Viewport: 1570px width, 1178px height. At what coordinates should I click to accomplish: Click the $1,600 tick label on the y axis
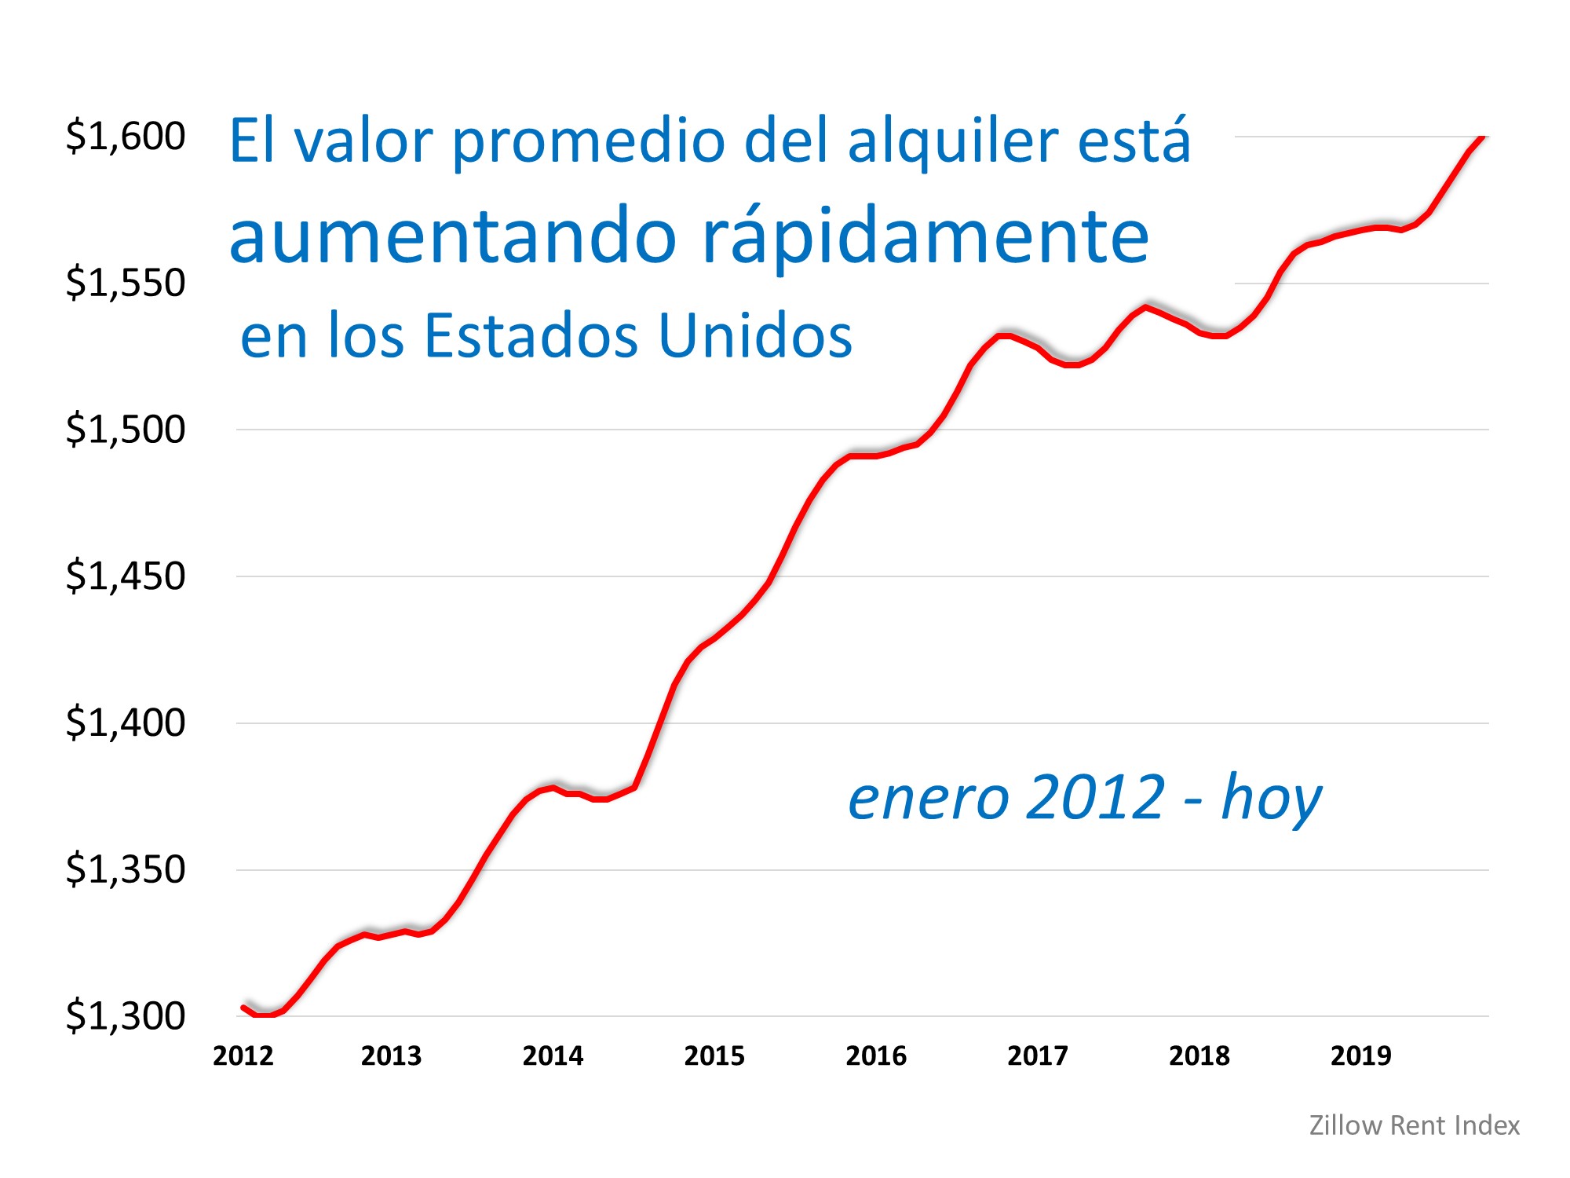pyautogui.click(x=126, y=136)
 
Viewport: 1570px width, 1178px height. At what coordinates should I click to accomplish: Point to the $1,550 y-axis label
pyautogui.click(x=126, y=283)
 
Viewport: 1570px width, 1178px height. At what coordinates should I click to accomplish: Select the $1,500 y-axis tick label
pyautogui.click(x=126, y=430)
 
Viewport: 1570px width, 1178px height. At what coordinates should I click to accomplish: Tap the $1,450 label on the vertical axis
pyautogui.click(x=126, y=576)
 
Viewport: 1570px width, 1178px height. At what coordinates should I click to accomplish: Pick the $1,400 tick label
pyautogui.click(x=126, y=723)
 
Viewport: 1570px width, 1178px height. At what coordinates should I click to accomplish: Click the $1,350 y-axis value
pyautogui.click(x=126, y=869)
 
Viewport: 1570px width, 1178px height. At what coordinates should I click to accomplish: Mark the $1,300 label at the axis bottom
pyautogui.click(x=126, y=1016)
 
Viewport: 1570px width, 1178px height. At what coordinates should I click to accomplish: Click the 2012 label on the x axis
pyautogui.click(x=243, y=1055)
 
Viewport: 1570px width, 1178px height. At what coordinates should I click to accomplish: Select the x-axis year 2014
pyautogui.click(x=553, y=1055)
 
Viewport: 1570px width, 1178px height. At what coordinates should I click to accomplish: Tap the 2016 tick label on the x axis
pyautogui.click(x=876, y=1055)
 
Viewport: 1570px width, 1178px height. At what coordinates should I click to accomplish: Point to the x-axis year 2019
pyautogui.click(x=1360, y=1055)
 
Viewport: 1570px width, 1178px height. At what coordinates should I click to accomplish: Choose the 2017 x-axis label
pyautogui.click(x=1038, y=1055)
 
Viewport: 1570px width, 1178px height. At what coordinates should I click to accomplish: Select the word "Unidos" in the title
pyautogui.click(x=754, y=336)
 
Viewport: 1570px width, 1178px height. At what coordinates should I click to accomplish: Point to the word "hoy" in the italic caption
pyautogui.click(x=1271, y=799)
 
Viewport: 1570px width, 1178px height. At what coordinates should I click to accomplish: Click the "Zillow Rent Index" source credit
pyautogui.click(x=1414, y=1125)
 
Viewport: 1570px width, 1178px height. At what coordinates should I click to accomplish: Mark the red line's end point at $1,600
pyautogui.click(x=1482, y=138)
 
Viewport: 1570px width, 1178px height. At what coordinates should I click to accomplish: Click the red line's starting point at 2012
pyautogui.click(x=243, y=1007)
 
